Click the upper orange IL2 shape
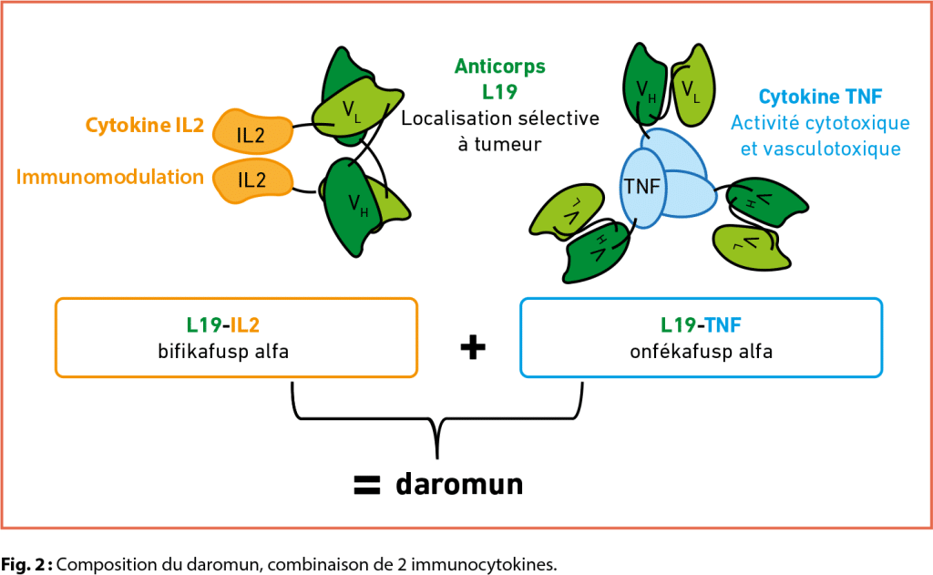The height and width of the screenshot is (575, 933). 251,134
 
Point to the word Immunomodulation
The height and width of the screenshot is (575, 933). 109,176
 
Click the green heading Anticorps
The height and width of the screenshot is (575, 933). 499,66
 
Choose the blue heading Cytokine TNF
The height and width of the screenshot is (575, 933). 820,96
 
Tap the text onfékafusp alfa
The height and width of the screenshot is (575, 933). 701,350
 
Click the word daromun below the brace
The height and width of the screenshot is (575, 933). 459,484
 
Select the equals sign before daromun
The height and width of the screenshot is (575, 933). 365,485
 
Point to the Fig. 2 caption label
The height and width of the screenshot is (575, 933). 26,564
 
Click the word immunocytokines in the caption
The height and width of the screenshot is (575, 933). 497,564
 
